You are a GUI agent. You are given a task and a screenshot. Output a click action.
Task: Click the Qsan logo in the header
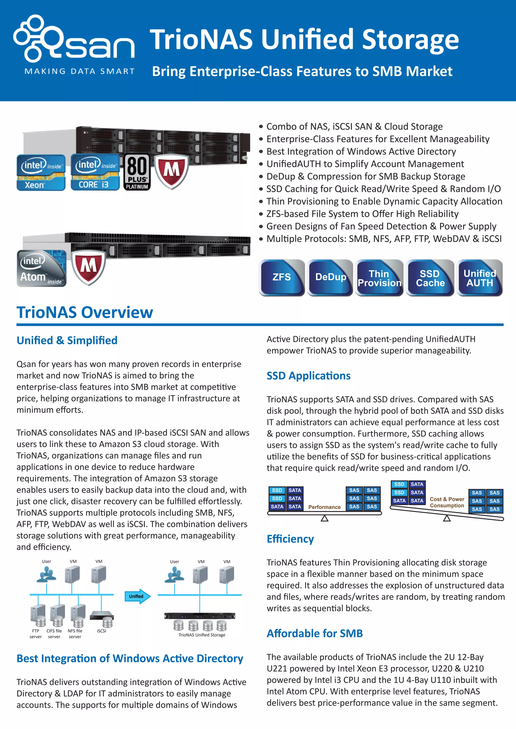[74, 40]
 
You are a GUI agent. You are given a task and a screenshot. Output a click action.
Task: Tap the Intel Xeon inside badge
[41, 172]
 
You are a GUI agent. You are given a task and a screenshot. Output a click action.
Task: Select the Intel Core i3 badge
[95, 172]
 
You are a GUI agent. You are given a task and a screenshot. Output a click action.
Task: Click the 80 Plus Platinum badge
[137, 172]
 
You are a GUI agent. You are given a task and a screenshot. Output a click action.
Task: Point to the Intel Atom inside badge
[42, 269]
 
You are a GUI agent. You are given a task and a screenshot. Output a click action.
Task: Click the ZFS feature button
[281, 277]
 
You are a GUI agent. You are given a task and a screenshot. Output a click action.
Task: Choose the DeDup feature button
[330, 277]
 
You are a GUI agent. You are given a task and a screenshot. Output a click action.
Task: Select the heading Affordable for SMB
[314, 633]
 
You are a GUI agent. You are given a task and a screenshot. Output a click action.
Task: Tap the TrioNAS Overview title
[85, 312]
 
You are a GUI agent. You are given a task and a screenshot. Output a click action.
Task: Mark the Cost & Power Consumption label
[447, 502]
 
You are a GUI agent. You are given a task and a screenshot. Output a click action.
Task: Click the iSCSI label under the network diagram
[101, 631]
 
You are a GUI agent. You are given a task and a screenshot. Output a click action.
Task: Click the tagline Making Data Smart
[79, 71]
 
